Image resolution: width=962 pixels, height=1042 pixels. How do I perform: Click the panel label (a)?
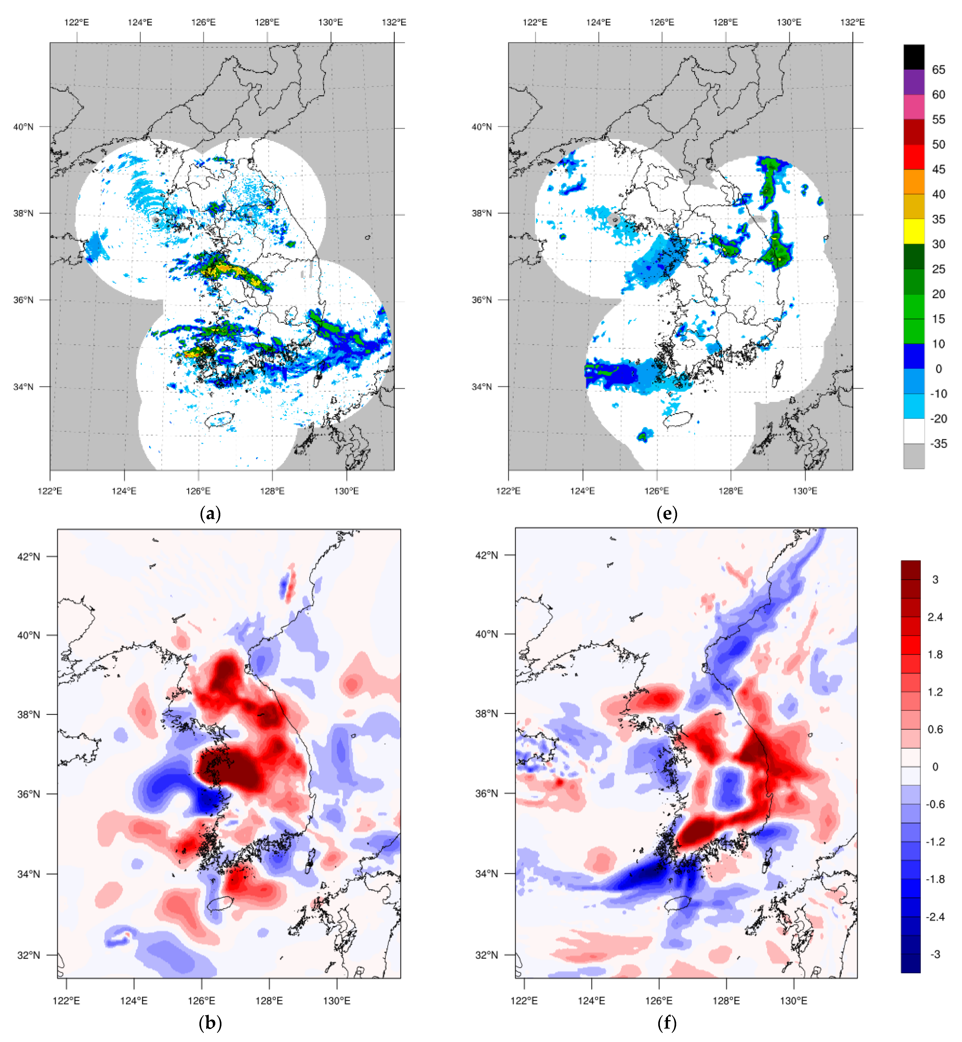[210, 514]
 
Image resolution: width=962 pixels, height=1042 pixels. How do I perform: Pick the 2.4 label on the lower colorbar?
[935, 617]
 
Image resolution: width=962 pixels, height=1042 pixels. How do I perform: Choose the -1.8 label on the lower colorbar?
[935, 880]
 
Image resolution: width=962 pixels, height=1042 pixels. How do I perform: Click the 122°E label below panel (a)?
[50, 491]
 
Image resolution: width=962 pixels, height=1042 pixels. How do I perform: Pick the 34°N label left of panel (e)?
[482, 387]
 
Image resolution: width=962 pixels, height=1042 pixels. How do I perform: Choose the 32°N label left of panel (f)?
[487, 955]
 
